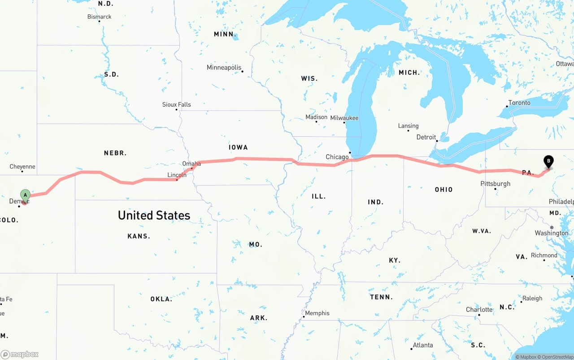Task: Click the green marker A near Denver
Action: pos(26,195)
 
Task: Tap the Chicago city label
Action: pos(337,157)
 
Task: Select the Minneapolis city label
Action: pos(224,68)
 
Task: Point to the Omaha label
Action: pos(191,164)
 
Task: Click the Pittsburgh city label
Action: pos(495,184)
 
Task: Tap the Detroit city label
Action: pos(426,137)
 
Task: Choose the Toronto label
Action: pos(519,103)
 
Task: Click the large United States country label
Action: pos(154,215)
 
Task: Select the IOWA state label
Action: pos(238,147)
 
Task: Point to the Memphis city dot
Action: pos(304,317)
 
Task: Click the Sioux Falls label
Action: pos(176,104)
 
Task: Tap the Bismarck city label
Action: pos(99,17)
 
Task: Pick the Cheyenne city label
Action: pos(22,167)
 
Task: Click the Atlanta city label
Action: pos(423,345)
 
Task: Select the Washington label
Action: pos(551,233)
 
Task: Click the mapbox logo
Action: pos(20,354)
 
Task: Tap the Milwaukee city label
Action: pos(344,118)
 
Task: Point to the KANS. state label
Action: pos(139,236)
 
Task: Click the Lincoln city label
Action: pos(177,175)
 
